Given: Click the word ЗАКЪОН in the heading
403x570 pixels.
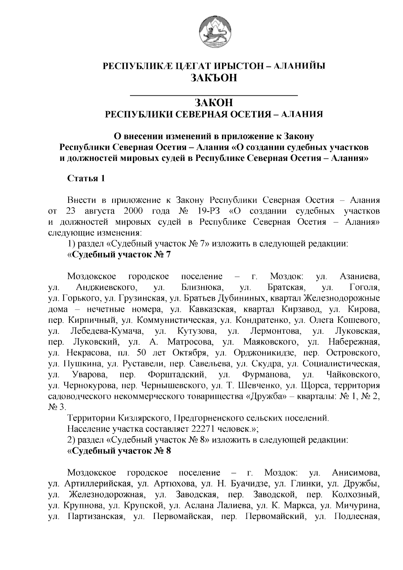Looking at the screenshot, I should coord(214,78).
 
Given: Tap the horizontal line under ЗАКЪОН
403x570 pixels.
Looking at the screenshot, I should coord(214,96).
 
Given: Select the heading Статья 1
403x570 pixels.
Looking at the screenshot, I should coord(86,178).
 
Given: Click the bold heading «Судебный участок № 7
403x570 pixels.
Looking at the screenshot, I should coord(119,255).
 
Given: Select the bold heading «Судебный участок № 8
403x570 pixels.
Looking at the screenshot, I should coord(119,451).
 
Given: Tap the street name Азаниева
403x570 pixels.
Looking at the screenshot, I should coord(360,277).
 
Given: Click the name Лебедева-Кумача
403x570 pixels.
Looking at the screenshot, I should coord(107,332).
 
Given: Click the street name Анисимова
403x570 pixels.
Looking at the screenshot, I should coord(356,473).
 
